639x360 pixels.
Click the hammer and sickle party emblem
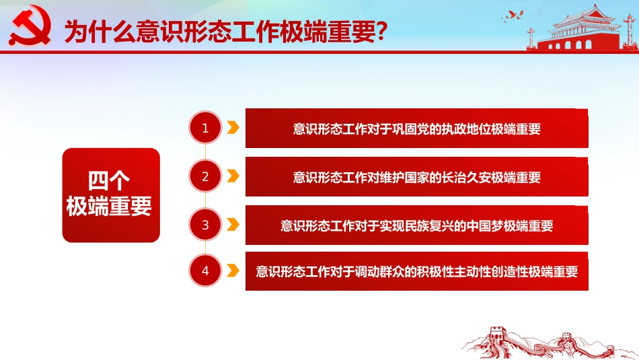tap(29, 25)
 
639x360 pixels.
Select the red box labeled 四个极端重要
tap(111, 195)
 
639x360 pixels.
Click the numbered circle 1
tap(205, 128)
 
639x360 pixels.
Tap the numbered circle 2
tap(205, 177)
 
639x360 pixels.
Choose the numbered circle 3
tap(205, 225)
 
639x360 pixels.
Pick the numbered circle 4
tap(205, 271)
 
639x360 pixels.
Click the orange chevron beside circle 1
tap(233, 128)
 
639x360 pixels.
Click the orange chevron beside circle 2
tap(233, 176)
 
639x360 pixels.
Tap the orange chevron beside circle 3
tap(233, 225)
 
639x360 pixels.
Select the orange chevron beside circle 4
tap(233, 271)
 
